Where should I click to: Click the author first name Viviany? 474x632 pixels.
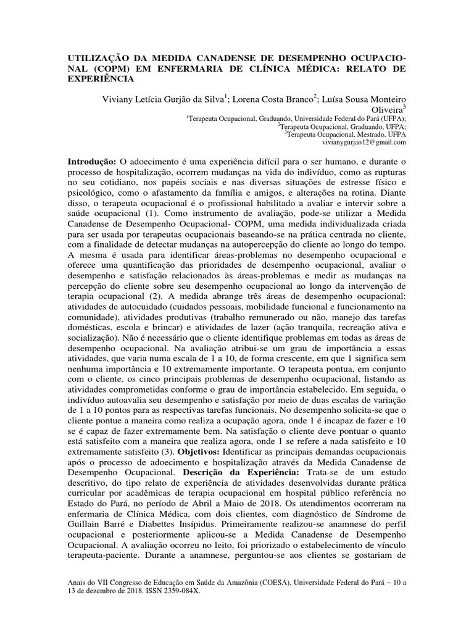coord(119,98)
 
